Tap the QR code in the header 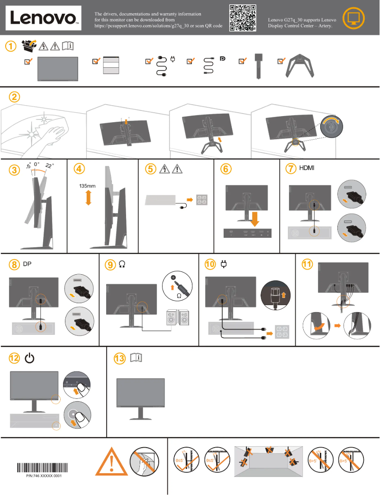(x=243, y=18)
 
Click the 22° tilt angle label (x=50, y=166)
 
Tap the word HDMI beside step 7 (x=308, y=168)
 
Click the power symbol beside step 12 (x=29, y=359)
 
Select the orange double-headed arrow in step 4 (x=88, y=198)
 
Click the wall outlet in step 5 (x=202, y=200)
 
